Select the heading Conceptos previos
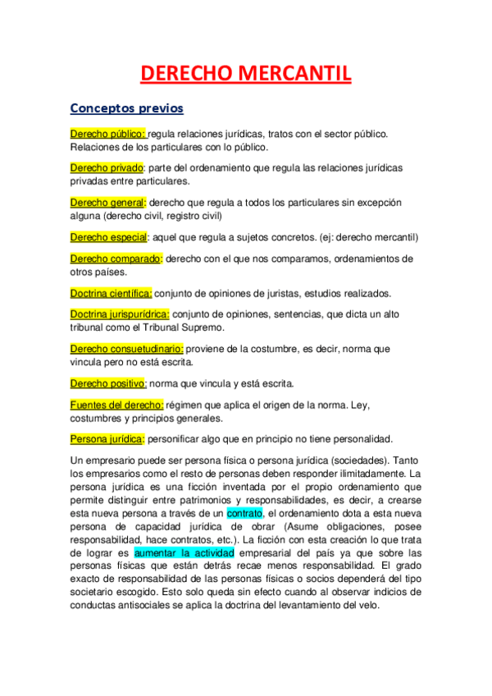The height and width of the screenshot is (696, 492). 126,108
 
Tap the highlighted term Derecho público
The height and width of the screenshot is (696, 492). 107,133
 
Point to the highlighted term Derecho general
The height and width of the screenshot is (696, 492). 107,202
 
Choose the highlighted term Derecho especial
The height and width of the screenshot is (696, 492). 108,237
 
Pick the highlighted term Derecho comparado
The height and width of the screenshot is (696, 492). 116,259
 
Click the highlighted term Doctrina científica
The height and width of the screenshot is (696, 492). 111,293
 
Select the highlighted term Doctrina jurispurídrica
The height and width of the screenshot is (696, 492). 120,314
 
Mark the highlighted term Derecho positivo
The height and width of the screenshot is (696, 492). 108,383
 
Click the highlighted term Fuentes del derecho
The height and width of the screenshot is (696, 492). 116,404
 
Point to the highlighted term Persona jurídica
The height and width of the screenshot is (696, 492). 107,438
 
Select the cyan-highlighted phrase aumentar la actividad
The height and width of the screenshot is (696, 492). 184,553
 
